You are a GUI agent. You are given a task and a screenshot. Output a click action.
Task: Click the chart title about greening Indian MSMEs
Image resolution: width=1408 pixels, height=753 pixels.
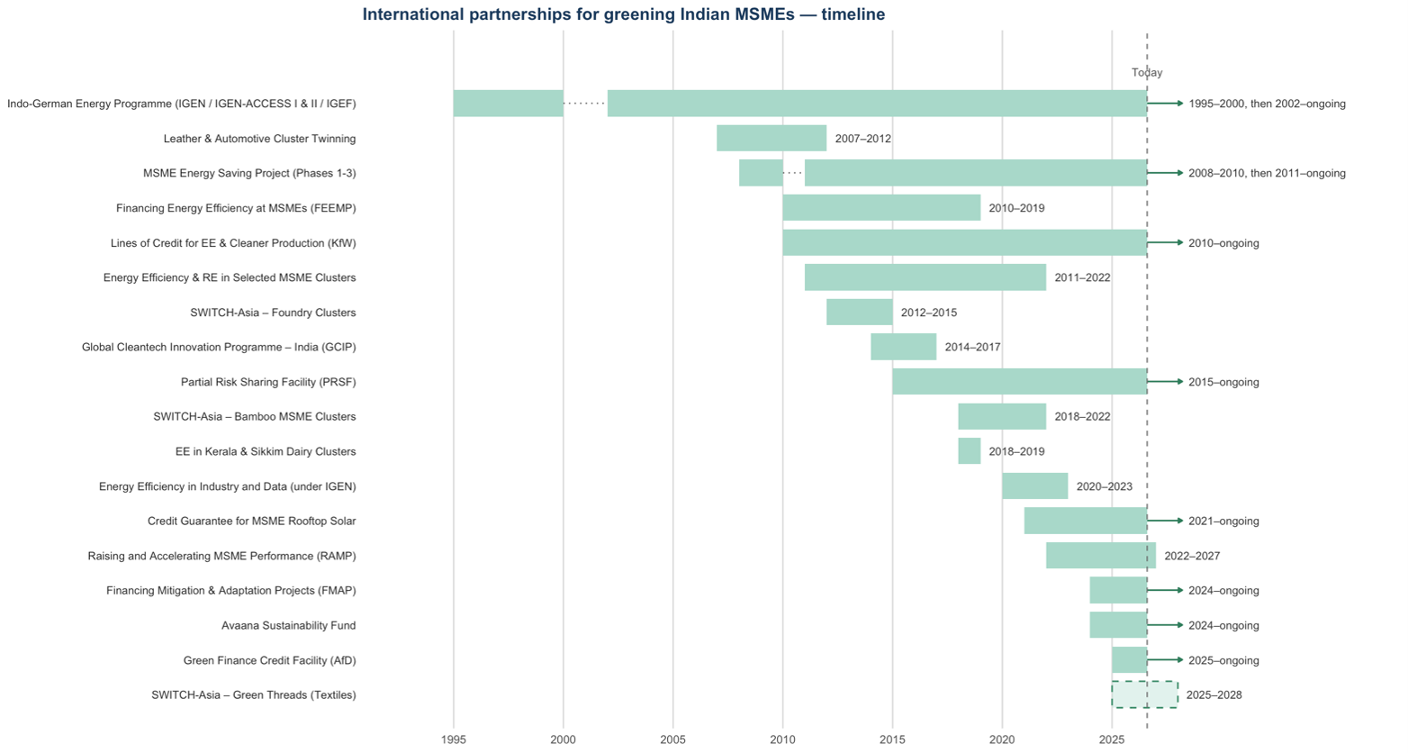pos(624,14)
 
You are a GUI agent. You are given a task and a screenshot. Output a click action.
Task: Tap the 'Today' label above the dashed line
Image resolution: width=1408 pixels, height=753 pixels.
pos(1147,72)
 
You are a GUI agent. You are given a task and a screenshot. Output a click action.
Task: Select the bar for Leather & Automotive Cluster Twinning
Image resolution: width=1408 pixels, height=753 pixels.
pos(772,139)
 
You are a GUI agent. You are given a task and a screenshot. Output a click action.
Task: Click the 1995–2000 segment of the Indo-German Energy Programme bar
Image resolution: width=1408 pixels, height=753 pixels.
pos(508,104)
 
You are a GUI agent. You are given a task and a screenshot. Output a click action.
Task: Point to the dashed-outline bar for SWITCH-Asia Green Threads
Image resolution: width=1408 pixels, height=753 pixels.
pos(1144,694)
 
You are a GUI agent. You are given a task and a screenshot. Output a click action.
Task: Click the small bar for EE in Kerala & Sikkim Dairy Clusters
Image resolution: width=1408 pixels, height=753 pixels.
pos(970,451)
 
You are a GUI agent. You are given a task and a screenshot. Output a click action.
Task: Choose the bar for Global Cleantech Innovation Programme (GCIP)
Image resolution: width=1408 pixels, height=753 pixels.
pos(903,347)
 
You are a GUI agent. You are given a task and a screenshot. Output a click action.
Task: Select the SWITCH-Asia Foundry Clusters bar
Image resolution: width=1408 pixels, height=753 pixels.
pos(859,312)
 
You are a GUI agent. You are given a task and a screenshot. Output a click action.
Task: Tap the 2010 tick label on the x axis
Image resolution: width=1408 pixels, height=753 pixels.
pos(782,739)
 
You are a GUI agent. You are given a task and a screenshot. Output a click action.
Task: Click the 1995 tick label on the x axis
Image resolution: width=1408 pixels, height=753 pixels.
pos(453,739)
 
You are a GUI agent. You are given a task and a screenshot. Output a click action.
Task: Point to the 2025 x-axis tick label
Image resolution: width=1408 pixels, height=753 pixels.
pos(1112,739)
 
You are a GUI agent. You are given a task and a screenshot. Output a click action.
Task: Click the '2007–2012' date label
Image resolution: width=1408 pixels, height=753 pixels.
pos(863,139)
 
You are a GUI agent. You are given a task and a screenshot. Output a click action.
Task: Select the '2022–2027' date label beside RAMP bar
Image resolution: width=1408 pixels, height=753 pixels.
pos(1192,556)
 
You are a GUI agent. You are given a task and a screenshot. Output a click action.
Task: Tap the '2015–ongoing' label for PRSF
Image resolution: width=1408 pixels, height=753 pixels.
pos(1223,383)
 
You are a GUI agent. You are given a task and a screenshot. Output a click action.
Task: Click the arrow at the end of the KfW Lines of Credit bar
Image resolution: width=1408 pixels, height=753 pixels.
pos(1165,242)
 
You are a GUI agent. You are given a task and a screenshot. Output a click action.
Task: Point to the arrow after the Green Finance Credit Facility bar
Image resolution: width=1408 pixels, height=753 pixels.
pos(1165,660)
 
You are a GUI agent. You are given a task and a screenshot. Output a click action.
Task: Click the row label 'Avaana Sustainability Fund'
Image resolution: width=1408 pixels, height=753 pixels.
pos(288,625)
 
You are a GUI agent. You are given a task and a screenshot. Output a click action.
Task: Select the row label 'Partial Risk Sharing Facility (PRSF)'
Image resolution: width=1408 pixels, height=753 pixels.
pos(268,382)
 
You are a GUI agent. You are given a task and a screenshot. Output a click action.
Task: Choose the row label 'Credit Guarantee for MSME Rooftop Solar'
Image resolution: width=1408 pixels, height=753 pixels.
pos(251,521)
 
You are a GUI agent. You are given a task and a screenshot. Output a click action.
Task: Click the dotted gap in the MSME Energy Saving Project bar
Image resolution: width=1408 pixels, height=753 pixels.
pos(793,172)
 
